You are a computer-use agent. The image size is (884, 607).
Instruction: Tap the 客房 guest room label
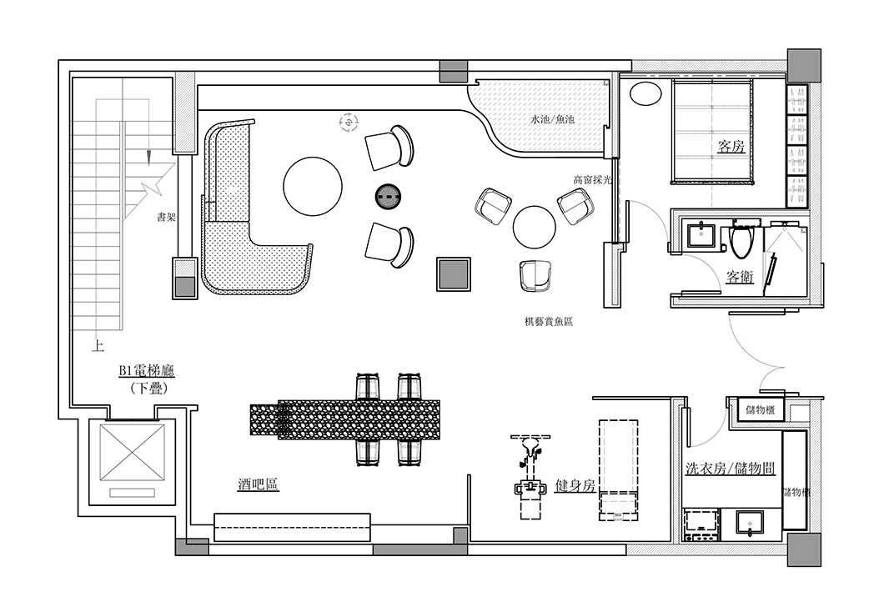(731, 147)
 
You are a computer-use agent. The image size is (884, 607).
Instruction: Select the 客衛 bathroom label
(740, 277)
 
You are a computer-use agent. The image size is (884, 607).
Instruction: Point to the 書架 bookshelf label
(166, 217)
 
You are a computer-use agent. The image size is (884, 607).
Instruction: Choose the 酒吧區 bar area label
(259, 484)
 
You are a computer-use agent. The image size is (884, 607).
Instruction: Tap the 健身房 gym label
(575, 485)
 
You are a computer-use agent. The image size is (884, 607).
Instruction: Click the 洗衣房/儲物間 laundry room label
(730, 469)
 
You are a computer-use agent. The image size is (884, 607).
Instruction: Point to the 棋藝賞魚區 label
(549, 323)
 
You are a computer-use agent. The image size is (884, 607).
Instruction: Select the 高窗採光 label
(592, 180)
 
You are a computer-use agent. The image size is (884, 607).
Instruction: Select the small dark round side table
(388, 196)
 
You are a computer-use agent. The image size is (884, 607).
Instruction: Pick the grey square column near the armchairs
(454, 274)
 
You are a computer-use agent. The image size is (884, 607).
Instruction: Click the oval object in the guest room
(645, 93)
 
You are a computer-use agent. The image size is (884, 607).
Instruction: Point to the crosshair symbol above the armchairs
(349, 121)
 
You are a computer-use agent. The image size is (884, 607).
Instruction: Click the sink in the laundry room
(750, 524)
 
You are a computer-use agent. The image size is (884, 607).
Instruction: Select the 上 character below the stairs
(98, 345)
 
